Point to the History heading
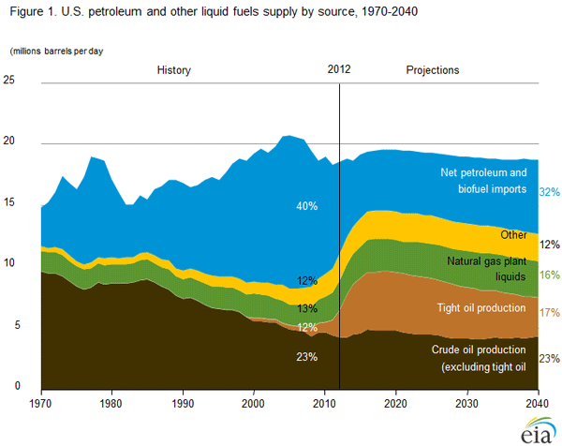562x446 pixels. point(174,70)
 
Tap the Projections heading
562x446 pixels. point(433,70)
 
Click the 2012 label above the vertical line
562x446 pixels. point(339,70)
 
